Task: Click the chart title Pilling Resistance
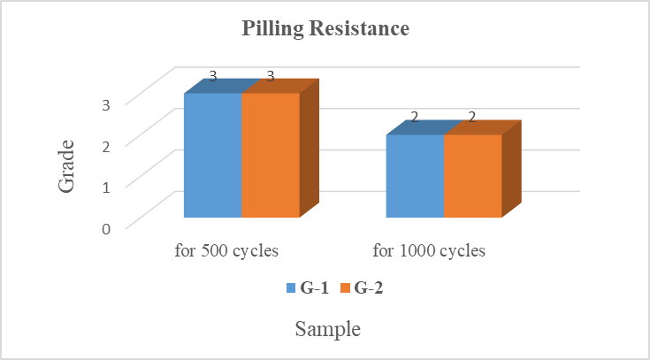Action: pos(325,29)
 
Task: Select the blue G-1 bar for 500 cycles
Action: pos(212,155)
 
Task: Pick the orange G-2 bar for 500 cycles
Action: pos(271,155)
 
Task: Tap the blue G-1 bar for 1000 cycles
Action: pos(415,175)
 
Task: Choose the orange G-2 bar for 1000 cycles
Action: pos(472,175)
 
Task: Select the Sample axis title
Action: pos(327,330)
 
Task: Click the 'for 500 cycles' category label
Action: pos(226,250)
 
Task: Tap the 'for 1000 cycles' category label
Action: pos(429,250)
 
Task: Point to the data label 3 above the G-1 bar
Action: pos(213,76)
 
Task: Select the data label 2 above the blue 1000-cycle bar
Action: pos(415,117)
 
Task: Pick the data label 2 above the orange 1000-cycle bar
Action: pos(472,117)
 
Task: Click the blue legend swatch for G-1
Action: pos(290,288)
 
